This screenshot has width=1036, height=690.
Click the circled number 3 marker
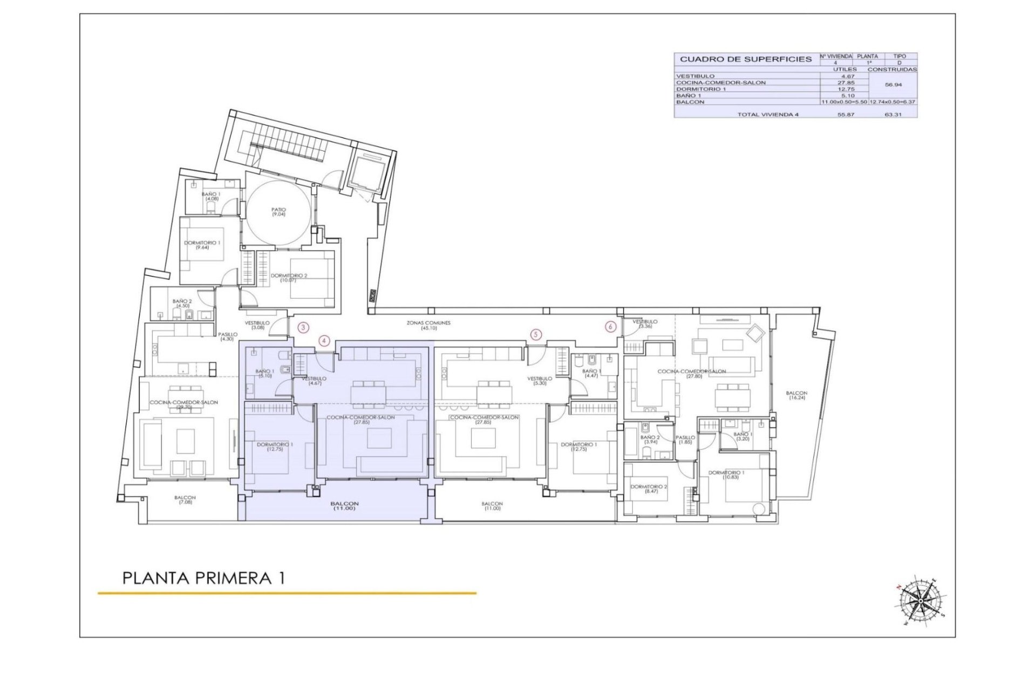coord(304,327)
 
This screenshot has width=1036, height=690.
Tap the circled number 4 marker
coord(324,340)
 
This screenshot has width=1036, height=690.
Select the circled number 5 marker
coord(536,335)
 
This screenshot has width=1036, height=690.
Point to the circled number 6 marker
coord(611,327)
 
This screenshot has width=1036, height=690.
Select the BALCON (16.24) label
coord(796,396)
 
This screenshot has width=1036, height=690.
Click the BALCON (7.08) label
coord(185,500)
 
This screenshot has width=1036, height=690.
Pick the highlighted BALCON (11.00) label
coord(345,506)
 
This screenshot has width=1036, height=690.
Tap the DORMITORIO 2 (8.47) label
coord(651,489)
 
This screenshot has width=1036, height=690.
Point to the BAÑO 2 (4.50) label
coord(182,303)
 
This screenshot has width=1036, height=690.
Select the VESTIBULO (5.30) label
coord(540,381)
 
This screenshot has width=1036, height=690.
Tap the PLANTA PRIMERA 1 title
coord(204,578)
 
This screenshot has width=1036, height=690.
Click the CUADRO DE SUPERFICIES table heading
coord(746,59)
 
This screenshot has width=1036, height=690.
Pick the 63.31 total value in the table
coord(892,114)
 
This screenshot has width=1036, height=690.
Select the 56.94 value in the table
coord(892,85)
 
